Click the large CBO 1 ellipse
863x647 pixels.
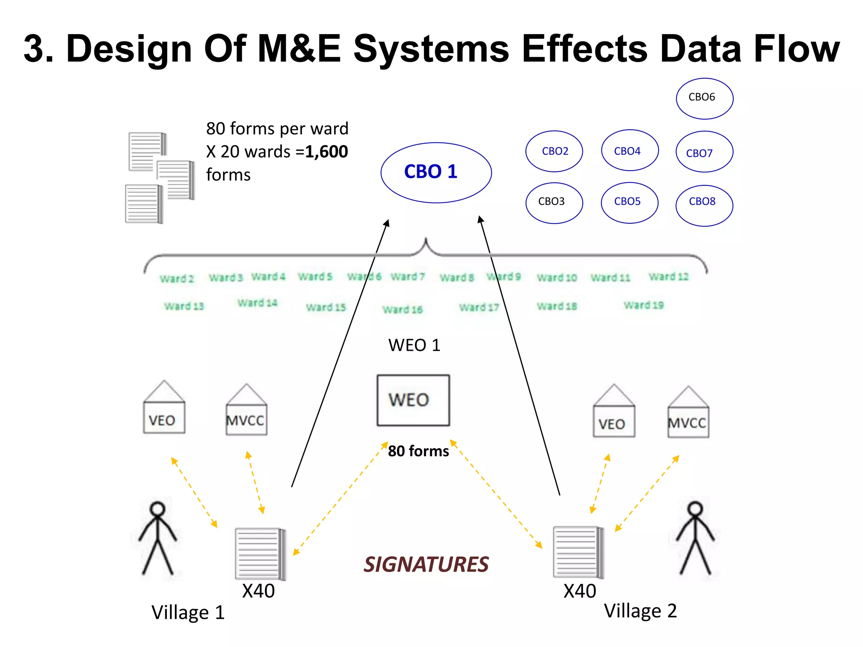(436, 172)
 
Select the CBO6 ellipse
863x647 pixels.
(704, 98)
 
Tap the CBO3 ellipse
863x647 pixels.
(554, 202)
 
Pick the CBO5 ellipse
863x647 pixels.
(629, 202)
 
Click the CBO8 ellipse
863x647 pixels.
(704, 205)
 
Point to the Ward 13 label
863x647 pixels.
(184, 306)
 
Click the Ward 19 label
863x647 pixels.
(643, 305)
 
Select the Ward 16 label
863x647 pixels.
(402, 310)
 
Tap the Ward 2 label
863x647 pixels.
(177, 279)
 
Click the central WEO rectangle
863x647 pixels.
(413, 400)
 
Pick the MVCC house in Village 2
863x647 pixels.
(688, 413)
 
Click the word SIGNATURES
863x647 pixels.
(426, 564)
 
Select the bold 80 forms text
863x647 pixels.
(418, 451)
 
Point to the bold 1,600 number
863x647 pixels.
(327, 152)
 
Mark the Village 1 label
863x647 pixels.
(188, 612)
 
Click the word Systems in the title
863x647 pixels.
(431, 49)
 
